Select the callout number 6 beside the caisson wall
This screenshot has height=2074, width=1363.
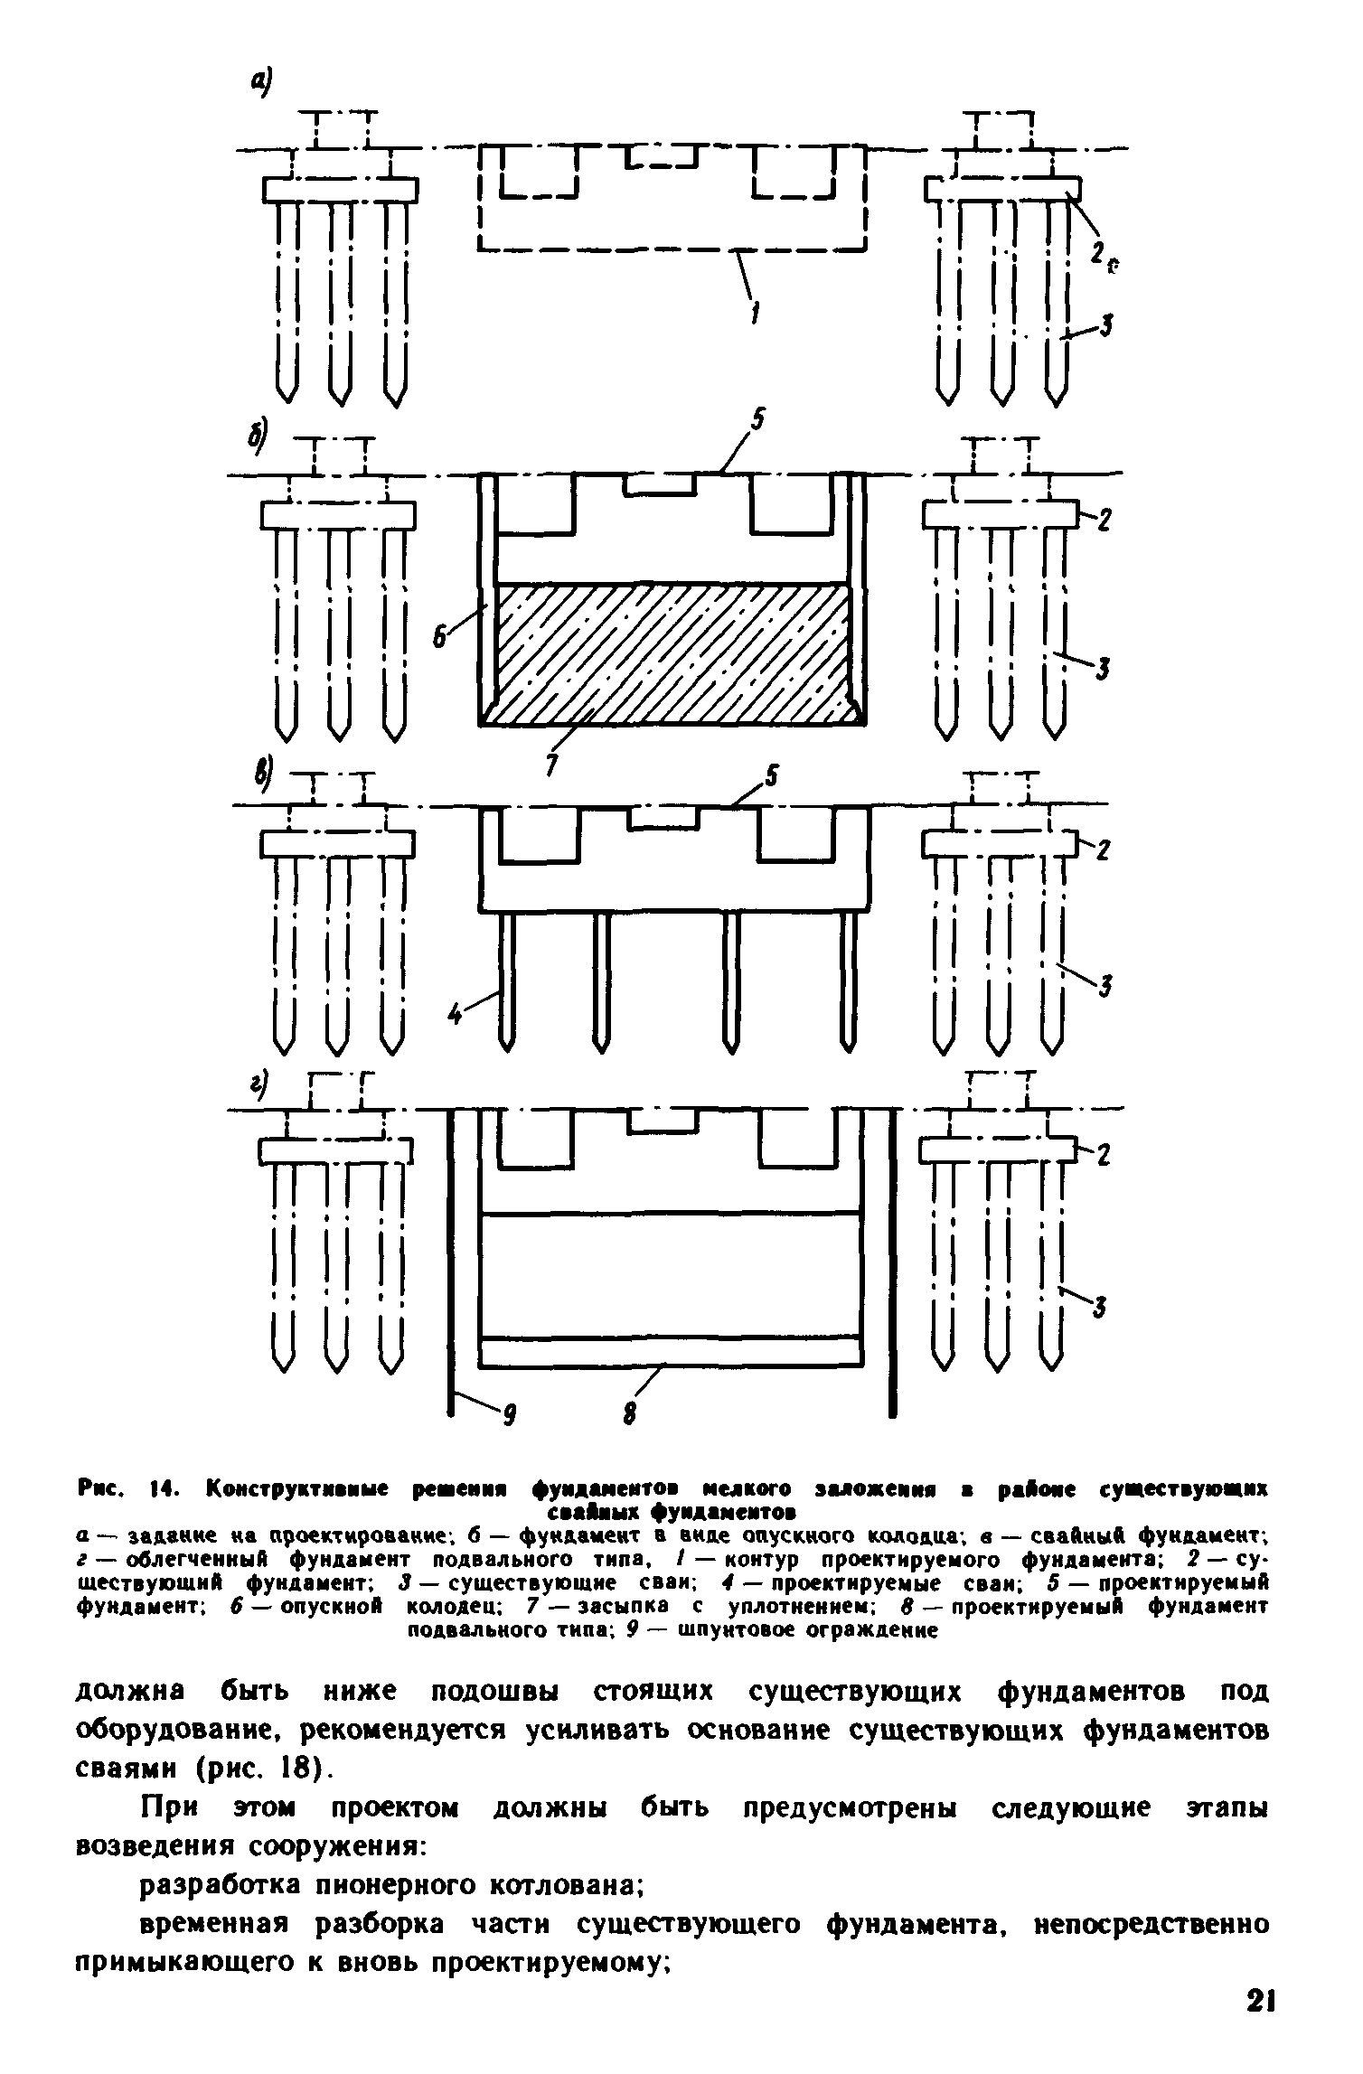point(440,638)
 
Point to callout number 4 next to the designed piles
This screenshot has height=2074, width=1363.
point(456,1016)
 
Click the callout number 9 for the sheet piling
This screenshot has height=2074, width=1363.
point(508,1420)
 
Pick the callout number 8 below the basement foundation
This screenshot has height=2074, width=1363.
point(630,1412)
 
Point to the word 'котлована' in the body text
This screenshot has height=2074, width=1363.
point(565,1891)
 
